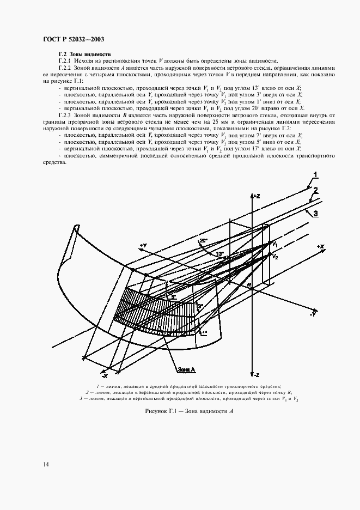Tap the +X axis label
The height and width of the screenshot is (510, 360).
(320, 247)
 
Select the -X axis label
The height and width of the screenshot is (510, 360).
(104, 376)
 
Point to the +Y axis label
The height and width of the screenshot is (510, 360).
(143, 246)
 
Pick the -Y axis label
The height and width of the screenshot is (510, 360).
(313, 314)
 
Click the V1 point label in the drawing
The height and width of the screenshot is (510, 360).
(276, 244)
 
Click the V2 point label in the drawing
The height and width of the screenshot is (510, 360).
(276, 256)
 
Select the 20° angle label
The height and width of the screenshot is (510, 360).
(203, 239)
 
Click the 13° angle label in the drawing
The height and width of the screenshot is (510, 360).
(221, 253)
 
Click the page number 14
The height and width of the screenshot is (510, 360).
(45, 464)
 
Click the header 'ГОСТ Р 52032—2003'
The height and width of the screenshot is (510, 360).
(73, 38)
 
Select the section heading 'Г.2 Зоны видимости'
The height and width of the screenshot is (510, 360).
(84, 54)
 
